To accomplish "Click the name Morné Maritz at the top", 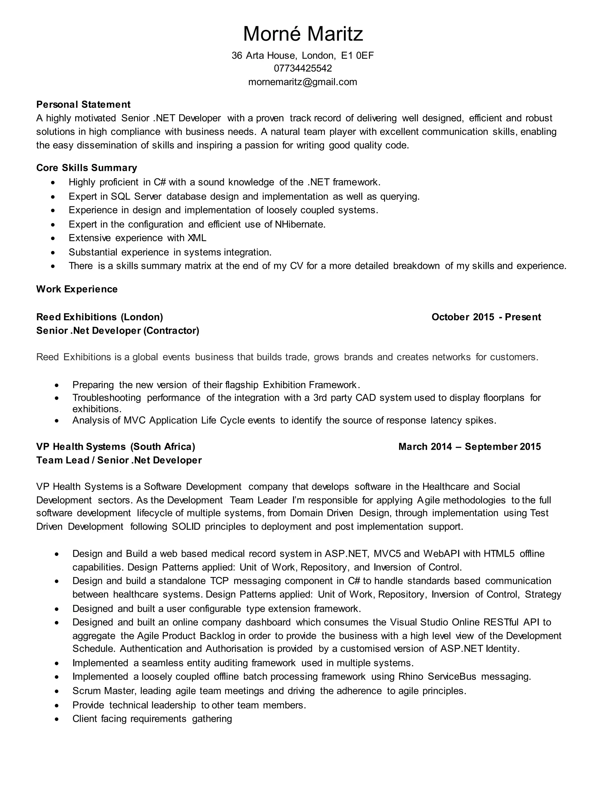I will pos(303,34).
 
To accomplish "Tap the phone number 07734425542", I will pos(303,68).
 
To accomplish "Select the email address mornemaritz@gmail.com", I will pos(303,82).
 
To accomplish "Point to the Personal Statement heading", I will pos(83,104).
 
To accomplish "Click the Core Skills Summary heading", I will pos(87,168).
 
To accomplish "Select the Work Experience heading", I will pos(77,289).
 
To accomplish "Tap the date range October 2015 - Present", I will pos(486,317).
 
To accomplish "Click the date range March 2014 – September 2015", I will pos(469,447).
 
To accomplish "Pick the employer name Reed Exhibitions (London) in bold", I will pos(99,317).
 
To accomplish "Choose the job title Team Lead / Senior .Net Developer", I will pos(119,460).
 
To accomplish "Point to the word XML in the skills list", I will pos(197,238).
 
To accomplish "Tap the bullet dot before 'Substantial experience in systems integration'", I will pos(53,252).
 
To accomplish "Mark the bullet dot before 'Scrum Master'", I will pos(56,691).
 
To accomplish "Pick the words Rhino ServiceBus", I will pos(437,677).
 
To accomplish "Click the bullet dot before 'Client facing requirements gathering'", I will pos(56,719).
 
